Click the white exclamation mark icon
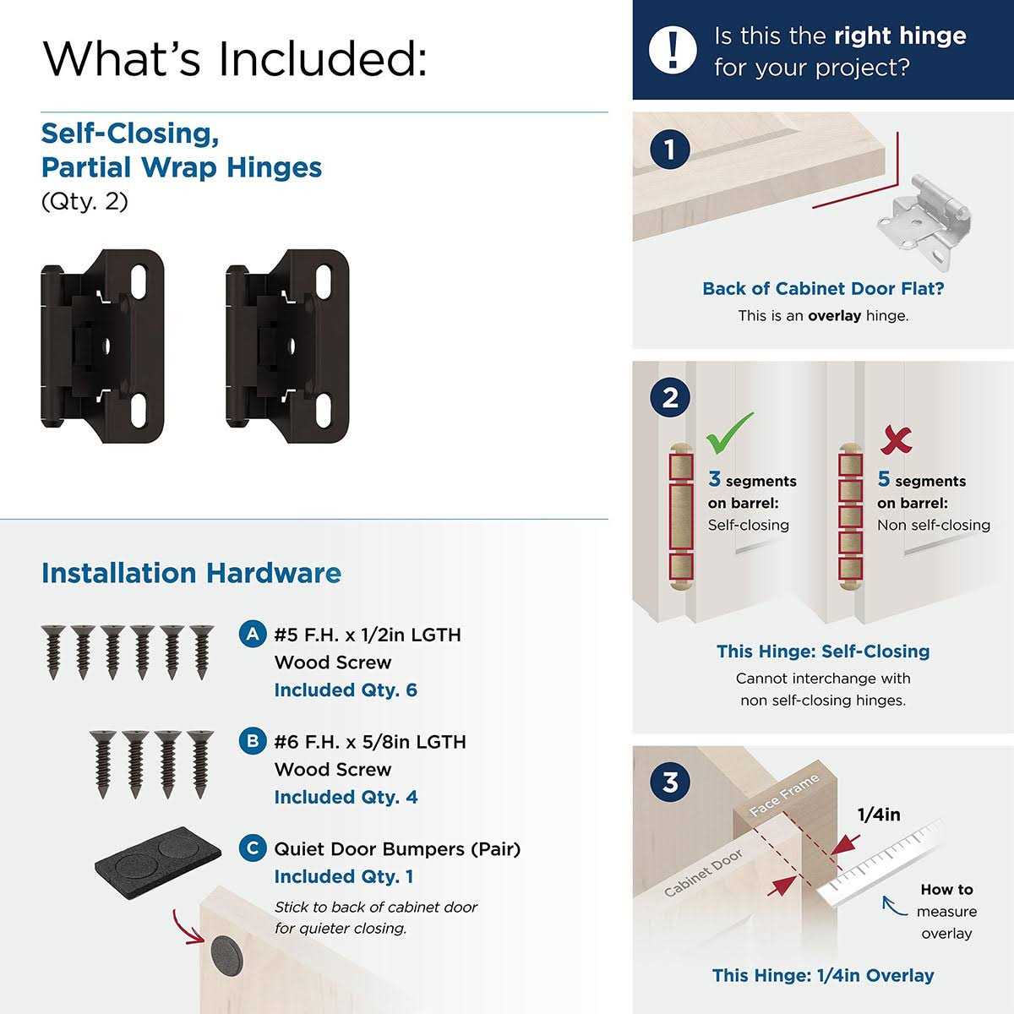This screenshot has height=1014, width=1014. coord(673,50)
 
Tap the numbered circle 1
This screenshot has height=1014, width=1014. coord(670,150)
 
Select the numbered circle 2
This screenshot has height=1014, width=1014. coord(670,397)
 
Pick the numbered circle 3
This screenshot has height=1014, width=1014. coord(670,782)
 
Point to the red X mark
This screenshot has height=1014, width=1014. coord(896,439)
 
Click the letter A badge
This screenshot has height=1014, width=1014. coord(252,634)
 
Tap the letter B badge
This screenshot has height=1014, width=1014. coord(252,741)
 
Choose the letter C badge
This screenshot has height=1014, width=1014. coord(252,848)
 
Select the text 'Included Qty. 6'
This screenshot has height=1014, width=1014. coord(346,690)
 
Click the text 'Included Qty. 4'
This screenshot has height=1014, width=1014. coord(346,797)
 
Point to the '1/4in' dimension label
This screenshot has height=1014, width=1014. coord(879,815)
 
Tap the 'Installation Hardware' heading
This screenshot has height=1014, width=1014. coord(191,573)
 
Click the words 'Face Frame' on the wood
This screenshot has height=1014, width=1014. coord(784,795)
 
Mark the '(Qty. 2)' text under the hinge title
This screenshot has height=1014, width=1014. coord(84,202)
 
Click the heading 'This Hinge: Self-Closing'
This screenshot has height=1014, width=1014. coord(823,651)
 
